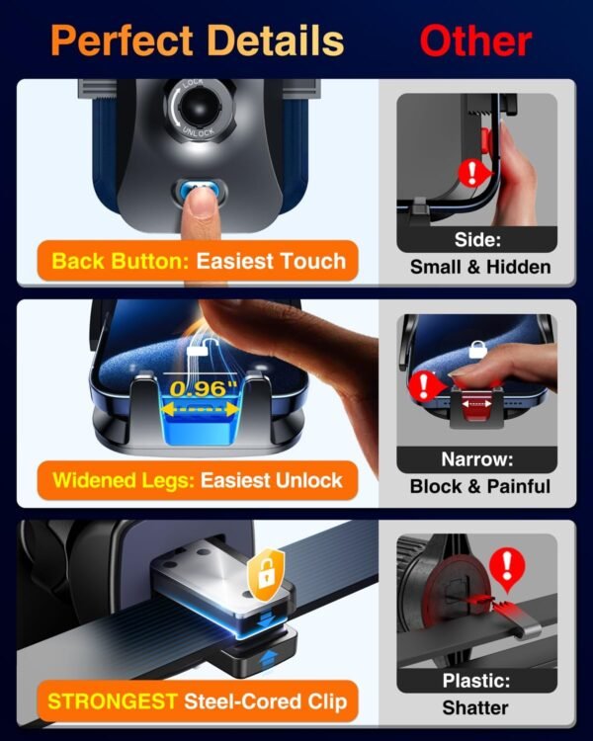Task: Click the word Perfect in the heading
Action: (122, 41)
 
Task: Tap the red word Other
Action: (475, 41)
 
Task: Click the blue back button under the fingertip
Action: (201, 192)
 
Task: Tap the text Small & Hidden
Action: (480, 267)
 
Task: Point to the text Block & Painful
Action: (480, 486)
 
